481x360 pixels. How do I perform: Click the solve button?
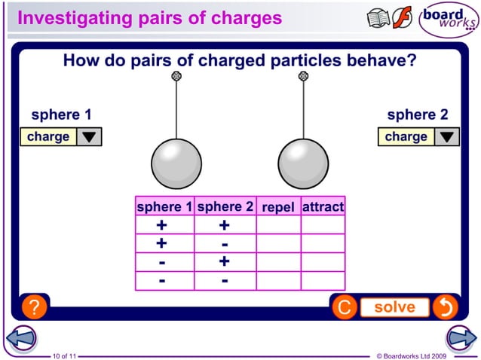coord(394,307)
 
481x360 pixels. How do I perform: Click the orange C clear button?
coord(344,307)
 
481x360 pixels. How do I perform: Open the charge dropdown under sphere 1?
coord(60,137)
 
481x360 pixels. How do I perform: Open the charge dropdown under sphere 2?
coord(418,137)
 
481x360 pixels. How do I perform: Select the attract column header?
coord(323,206)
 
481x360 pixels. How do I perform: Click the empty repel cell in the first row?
coord(278,225)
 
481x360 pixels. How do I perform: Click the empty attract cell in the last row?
coord(323,280)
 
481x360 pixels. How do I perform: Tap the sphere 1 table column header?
coord(164,206)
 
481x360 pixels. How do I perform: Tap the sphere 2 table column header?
coord(225,206)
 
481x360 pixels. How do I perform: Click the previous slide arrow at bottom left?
coord(20,338)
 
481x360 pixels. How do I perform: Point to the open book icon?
coord(378,18)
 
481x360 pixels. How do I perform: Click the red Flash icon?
coord(403,18)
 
